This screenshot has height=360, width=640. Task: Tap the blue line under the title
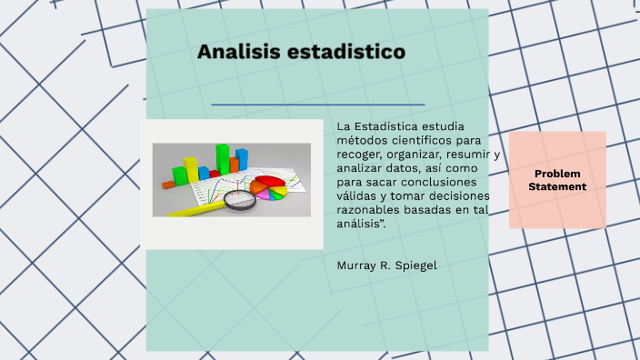[318, 105]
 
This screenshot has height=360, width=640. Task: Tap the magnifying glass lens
[241, 200]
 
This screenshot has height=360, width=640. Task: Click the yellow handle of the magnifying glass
[195, 209]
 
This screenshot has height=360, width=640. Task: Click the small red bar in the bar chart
[204, 172]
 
